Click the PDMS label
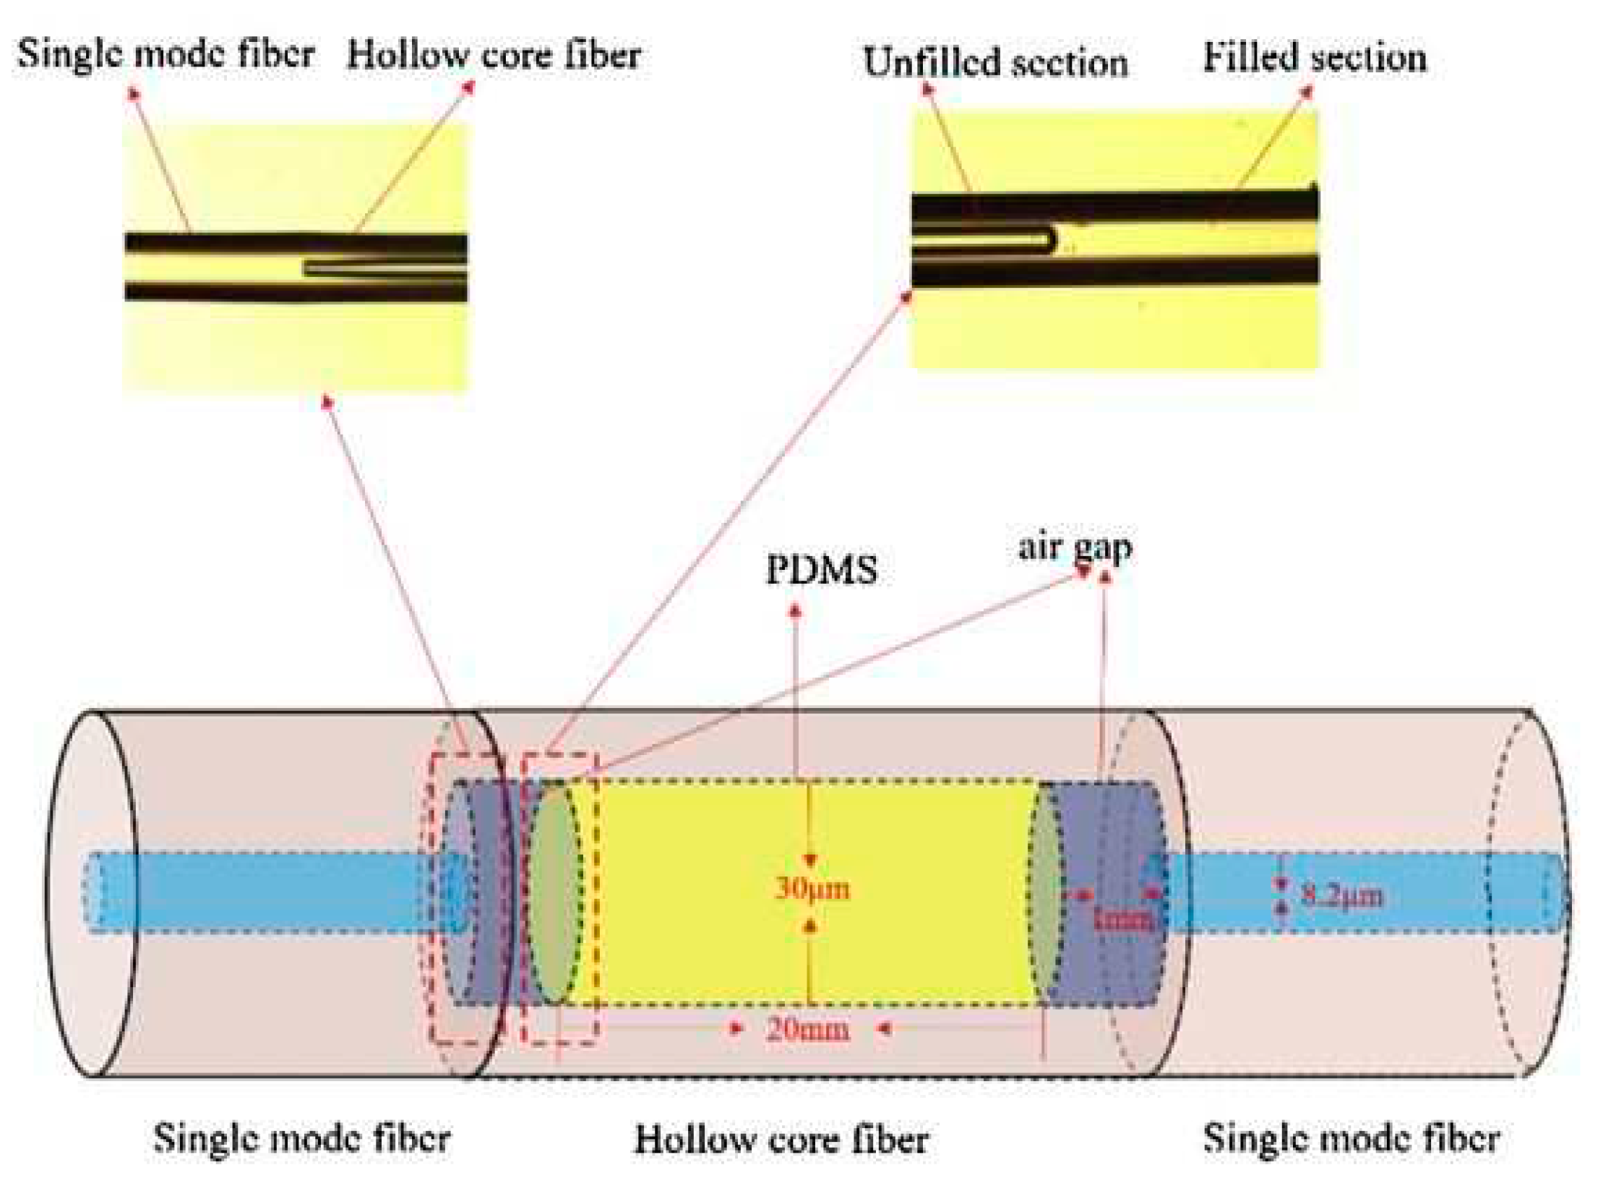click(821, 569)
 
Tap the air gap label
click(1075, 547)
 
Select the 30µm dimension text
click(812, 888)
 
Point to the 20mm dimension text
click(807, 1028)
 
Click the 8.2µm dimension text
click(1341, 896)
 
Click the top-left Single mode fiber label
click(166, 54)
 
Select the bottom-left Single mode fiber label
click(302, 1138)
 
